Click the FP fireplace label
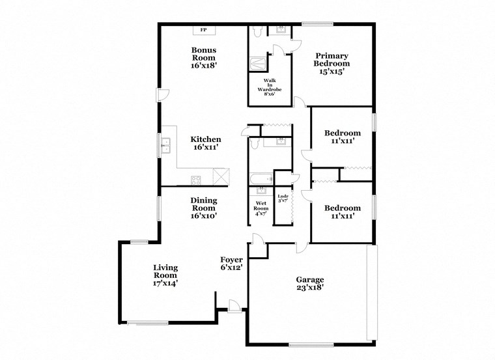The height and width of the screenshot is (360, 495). [x=203, y=30]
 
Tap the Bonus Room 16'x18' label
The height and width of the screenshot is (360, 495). [x=203, y=57]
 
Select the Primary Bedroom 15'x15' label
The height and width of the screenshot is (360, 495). [x=332, y=64]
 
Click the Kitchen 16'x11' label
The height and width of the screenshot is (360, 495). [x=205, y=143]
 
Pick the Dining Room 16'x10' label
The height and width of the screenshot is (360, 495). [x=204, y=208]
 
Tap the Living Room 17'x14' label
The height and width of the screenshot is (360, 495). [x=165, y=275]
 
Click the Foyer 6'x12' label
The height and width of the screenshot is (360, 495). [x=231, y=263]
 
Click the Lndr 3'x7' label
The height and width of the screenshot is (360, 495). [x=283, y=199]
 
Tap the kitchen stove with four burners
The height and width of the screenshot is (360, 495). [x=197, y=179]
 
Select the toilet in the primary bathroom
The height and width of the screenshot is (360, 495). [x=257, y=31]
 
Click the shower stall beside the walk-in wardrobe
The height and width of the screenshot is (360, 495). [x=258, y=64]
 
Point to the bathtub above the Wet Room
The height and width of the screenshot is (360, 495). [x=261, y=178]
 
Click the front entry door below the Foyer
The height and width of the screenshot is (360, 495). [x=234, y=304]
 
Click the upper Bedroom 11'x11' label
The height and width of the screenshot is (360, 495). [x=342, y=137]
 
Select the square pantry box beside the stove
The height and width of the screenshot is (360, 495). [x=221, y=176]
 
